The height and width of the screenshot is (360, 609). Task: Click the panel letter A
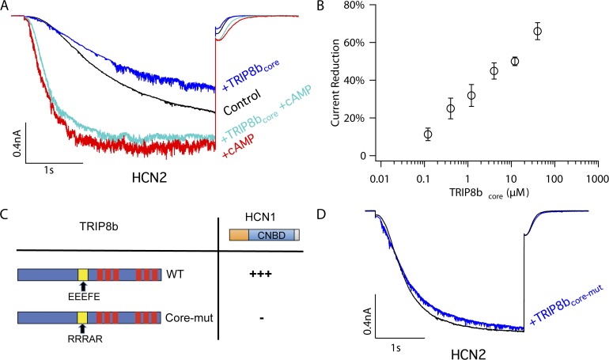[7, 7]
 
